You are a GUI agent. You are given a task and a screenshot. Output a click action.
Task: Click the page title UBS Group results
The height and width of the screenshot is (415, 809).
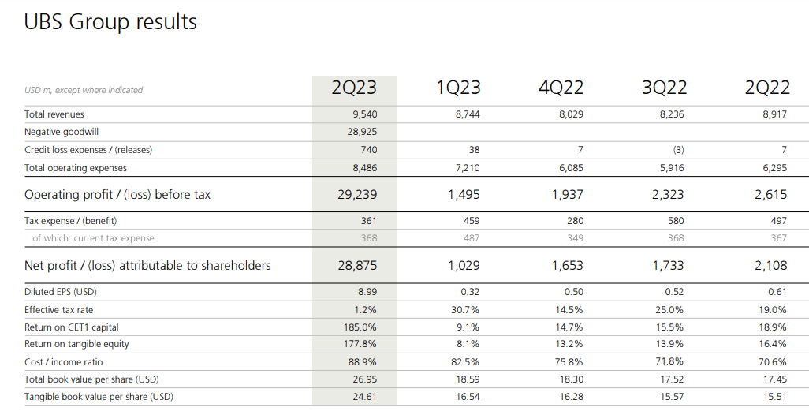pyautogui.click(x=110, y=22)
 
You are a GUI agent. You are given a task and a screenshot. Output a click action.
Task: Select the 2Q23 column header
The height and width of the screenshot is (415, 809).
pyautogui.click(x=354, y=88)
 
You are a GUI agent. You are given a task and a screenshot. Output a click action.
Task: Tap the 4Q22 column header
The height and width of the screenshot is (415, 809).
pyautogui.click(x=561, y=88)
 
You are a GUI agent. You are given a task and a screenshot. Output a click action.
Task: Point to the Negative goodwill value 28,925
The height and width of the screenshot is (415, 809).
pyautogui.click(x=362, y=132)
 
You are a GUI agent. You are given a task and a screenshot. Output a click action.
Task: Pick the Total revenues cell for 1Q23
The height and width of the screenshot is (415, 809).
pyautogui.click(x=467, y=114)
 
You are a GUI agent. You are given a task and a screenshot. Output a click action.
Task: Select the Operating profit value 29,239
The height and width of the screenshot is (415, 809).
pyautogui.click(x=357, y=194)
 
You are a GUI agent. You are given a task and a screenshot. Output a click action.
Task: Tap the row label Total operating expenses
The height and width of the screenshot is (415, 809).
pyautogui.click(x=76, y=167)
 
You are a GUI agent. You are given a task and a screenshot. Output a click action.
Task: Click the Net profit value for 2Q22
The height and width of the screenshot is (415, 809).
pyautogui.click(x=770, y=266)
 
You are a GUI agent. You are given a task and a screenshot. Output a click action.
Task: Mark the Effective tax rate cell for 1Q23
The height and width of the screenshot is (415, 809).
pyautogui.click(x=464, y=310)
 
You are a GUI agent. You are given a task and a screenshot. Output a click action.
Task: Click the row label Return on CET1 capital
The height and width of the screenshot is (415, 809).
pyautogui.click(x=72, y=327)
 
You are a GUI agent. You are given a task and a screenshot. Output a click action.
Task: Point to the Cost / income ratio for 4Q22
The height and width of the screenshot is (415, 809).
pyautogui.click(x=569, y=362)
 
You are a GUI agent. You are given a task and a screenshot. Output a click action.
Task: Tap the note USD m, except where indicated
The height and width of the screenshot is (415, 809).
pyautogui.click(x=84, y=90)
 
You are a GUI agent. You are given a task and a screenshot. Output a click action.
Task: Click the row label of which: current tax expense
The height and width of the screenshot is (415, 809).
pyautogui.click(x=93, y=238)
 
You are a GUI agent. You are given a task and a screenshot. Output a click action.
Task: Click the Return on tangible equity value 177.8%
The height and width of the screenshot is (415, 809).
pyautogui.click(x=361, y=344)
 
